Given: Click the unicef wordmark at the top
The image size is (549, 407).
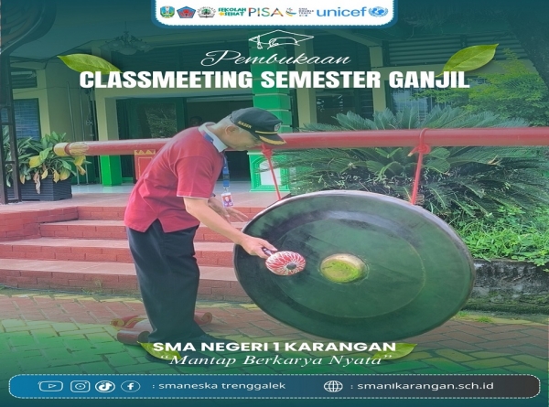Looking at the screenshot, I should point(352,12).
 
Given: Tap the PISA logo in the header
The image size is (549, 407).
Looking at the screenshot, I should point(265,12).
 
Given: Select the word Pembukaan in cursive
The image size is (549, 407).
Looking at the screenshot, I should point(274,57).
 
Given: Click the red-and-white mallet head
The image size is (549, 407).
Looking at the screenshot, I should point(285,262).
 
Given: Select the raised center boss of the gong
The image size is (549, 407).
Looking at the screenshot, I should point(343,267).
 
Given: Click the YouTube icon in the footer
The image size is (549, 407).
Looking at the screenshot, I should point(50,386).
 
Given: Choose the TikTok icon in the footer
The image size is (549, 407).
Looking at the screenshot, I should point(105,386).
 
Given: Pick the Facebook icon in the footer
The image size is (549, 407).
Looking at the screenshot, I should point(131,386).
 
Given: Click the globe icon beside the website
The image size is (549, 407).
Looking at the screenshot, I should point(333,386).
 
